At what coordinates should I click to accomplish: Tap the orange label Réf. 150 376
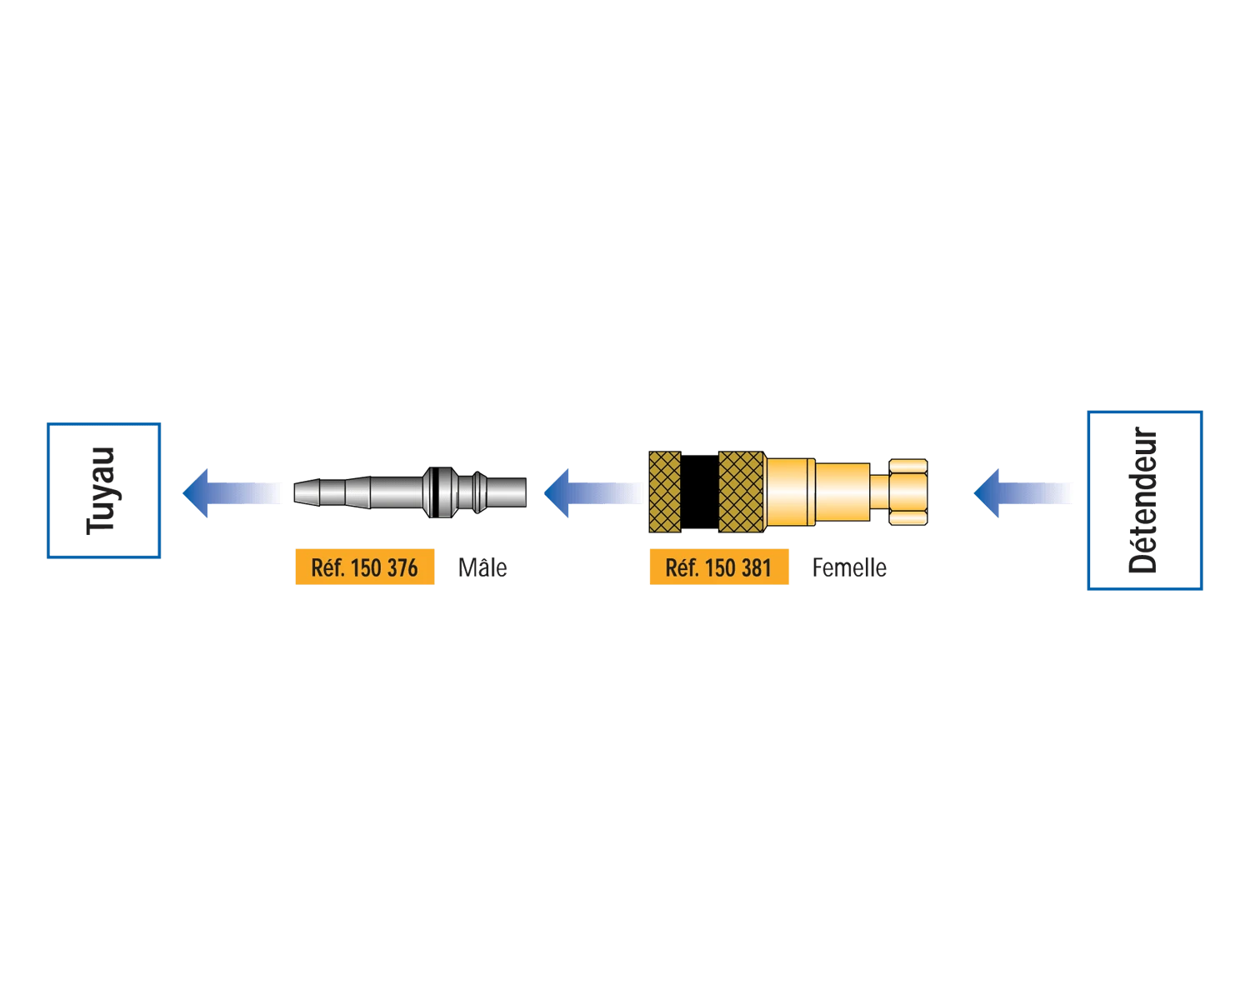click(x=365, y=567)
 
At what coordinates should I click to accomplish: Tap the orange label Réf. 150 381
click(x=718, y=567)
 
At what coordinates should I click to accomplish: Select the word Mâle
click(x=482, y=567)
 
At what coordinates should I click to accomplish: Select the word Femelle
click(x=849, y=567)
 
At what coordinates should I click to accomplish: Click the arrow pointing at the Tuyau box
click(x=232, y=492)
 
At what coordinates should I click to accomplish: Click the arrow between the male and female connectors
click(x=593, y=492)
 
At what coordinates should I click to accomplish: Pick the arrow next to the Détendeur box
click(x=1022, y=492)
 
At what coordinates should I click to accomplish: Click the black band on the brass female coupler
click(x=699, y=492)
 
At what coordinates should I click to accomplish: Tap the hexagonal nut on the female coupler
click(x=907, y=492)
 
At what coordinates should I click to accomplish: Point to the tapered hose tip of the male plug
click(x=307, y=492)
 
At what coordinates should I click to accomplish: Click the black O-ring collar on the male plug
click(x=440, y=492)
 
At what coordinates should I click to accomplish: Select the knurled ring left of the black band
click(x=665, y=492)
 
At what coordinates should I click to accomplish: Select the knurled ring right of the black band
click(x=741, y=492)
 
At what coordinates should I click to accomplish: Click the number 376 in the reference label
click(x=401, y=567)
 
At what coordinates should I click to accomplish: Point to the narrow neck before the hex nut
click(x=879, y=492)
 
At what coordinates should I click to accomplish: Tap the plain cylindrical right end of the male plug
click(x=507, y=492)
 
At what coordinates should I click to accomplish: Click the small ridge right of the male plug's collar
click(x=479, y=492)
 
